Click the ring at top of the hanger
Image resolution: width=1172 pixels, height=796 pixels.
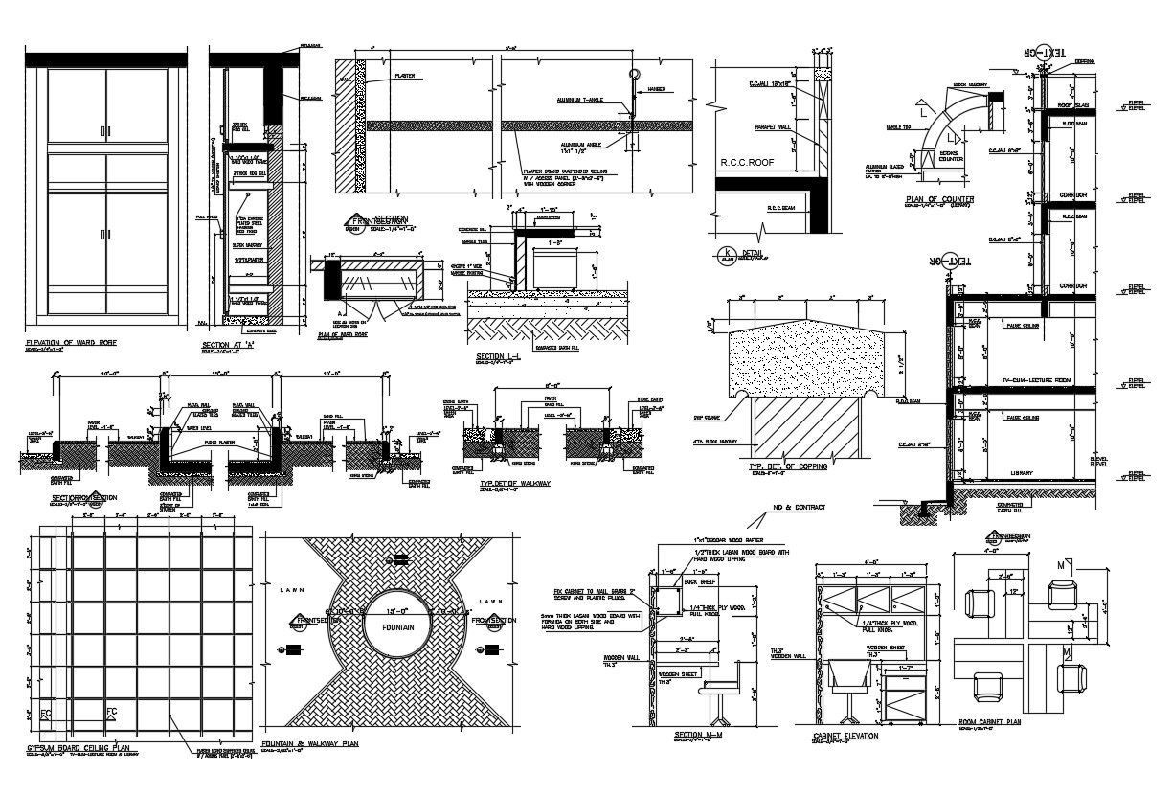(x=633, y=74)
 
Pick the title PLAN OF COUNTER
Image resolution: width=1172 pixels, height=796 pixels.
(x=939, y=199)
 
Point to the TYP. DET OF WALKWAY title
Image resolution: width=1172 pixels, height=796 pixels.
(x=515, y=484)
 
